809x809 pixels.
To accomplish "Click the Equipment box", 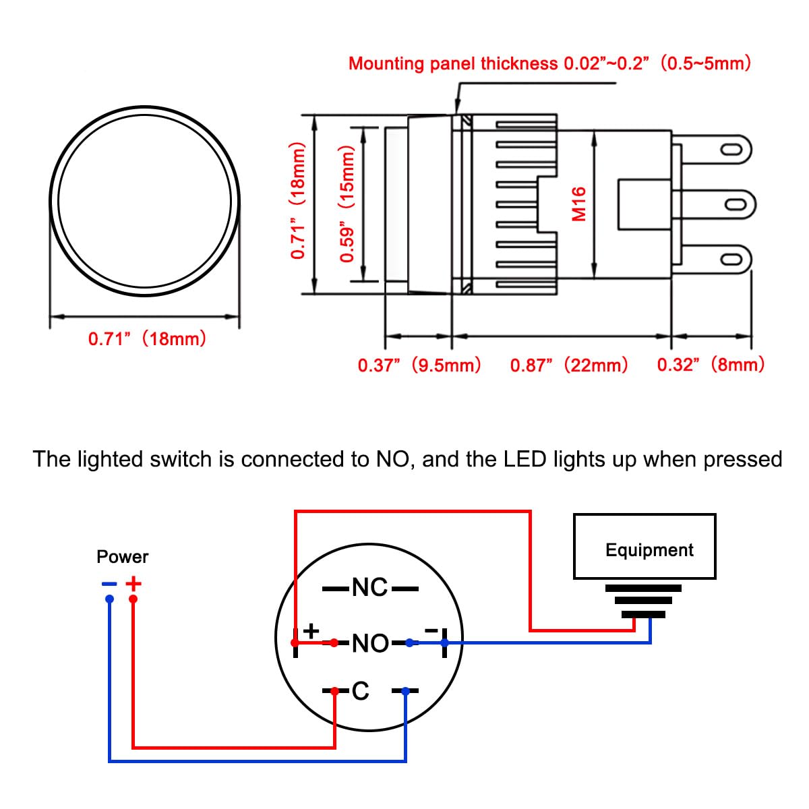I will [644, 547].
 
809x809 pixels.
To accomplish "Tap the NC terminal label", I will [370, 588].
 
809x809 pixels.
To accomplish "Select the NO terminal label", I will [370, 643].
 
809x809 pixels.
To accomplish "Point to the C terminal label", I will [361, 691].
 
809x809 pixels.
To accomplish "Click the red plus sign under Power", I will [134, 583].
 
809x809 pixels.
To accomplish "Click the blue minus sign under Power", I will [109, 584].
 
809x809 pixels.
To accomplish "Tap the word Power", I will [122, 557].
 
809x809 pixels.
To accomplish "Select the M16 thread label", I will [578, 204].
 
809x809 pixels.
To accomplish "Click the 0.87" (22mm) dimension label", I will [568, 365].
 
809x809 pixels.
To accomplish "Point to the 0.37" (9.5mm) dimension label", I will [419, 365].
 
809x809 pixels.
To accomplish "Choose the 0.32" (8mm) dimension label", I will [711, 365].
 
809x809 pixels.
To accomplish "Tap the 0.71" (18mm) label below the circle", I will [148, 338].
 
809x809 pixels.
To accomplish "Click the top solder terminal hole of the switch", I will [730, 150].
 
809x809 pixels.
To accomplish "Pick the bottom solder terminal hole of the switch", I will [730, 260].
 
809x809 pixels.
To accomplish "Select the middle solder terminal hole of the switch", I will [730, 204].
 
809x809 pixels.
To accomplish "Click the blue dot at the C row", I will [405, 691].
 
